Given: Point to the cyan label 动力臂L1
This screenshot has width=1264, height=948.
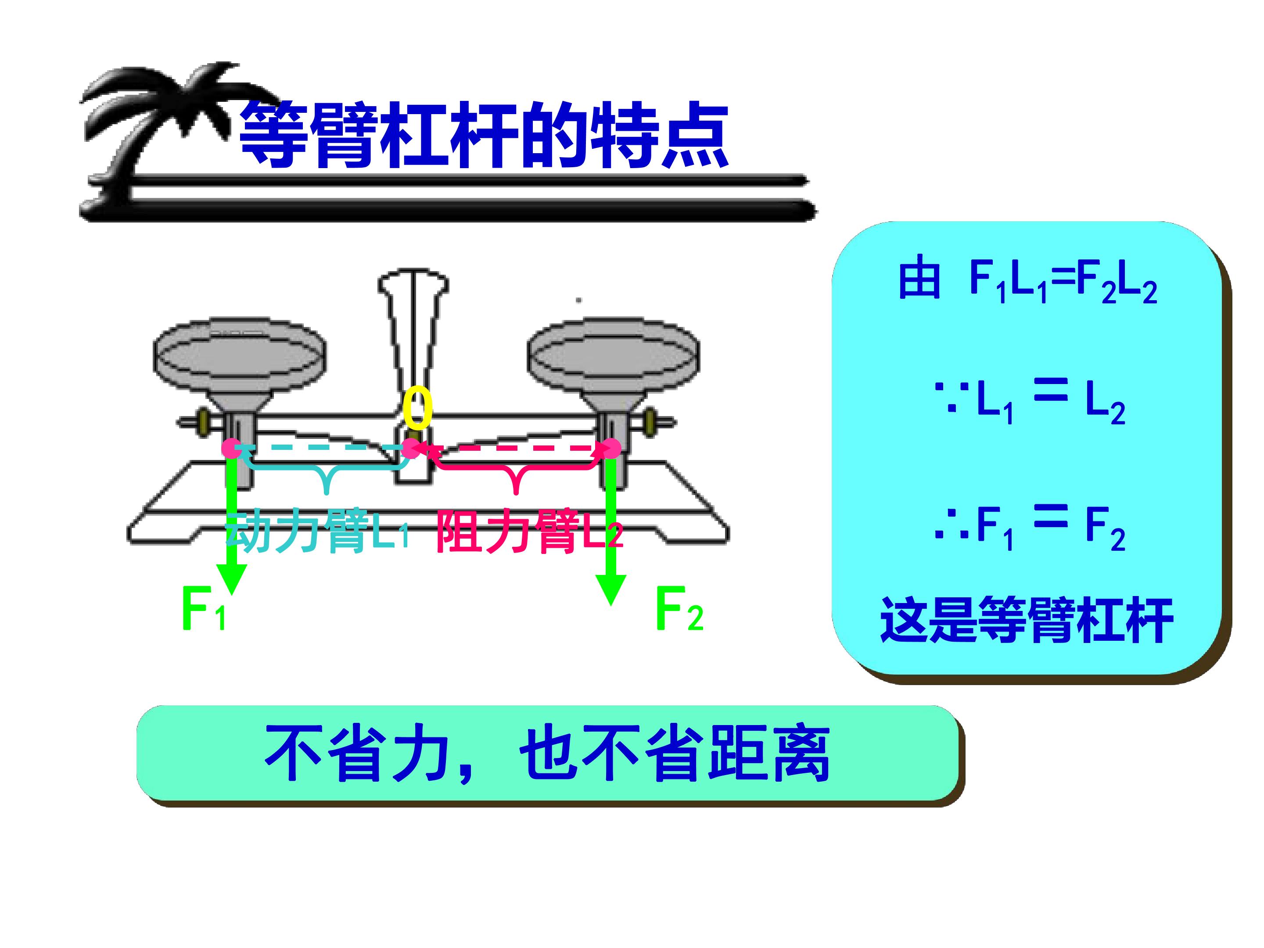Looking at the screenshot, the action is click(318, 532).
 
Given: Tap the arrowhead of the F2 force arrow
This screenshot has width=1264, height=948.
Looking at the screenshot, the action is click(611, 590).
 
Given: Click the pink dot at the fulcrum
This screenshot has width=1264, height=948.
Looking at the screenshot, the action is click(411, 449).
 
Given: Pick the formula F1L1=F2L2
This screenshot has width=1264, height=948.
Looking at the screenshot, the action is click(1063, 284).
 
